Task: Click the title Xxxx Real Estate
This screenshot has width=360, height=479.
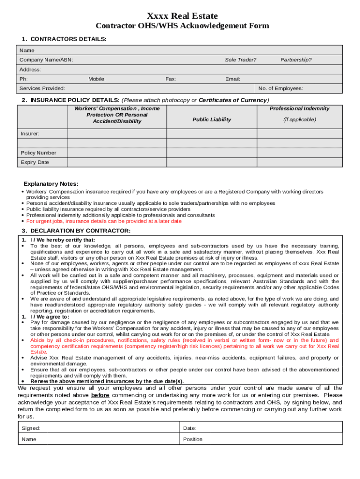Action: point(182,16)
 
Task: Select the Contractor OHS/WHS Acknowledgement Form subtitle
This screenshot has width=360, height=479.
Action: point(182,26)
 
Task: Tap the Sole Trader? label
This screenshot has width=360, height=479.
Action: point(240,60)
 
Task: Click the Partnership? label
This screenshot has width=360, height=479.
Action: point(296,60)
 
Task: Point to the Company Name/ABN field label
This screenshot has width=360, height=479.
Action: point(46,60)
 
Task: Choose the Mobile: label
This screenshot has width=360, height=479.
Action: point(97,79)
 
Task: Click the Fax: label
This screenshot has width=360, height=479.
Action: point(171,79)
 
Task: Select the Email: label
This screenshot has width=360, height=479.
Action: point(232,79)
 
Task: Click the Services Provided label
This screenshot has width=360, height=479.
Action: point(42,88)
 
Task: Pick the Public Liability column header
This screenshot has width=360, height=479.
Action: point(212,120)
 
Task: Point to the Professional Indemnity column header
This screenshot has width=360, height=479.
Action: point(299,109)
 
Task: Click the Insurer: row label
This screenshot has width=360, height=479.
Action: point(30,134)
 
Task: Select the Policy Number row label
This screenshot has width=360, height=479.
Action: point(38,153)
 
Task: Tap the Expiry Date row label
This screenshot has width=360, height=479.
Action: point(35,162)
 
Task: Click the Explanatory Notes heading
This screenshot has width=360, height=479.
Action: point(51,184)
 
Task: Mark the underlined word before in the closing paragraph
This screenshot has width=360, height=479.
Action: point(100,395)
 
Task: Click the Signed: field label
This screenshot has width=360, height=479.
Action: point(31,428)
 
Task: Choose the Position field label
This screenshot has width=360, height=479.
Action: point(193,439)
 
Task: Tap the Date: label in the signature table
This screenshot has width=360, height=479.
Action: point(189,428)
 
